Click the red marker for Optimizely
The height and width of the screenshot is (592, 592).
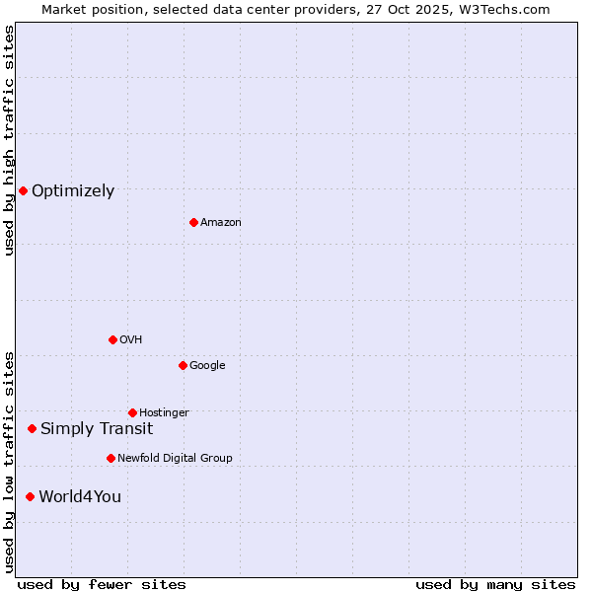pyautogui.click(x=23, y=190)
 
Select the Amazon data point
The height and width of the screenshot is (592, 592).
pyautogui.click(x=193, y=222)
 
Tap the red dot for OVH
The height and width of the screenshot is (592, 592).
pyautogui.click(x=112, y=339)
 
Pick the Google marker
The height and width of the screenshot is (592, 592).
pyautogui.click(x=183, y=365)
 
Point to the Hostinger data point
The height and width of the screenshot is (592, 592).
pyautogui.click(x=132, y=412)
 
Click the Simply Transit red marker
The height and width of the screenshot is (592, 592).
pyautogui.click(x=32, y=428)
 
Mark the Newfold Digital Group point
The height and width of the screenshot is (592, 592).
pyautogui.click(x=111, y=458)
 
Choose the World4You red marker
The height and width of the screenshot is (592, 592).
pyautogui.click(x=30, y=496)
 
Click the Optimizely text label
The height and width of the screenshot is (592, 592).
pyautogui.click(x=73, y=191)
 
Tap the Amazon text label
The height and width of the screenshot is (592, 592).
pyautogui.click(x=221, y=223)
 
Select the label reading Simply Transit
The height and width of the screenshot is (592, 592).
pyautogui.click(x=97, y=428)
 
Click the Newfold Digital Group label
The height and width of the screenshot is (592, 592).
pyautogui.click(x=175, y=458)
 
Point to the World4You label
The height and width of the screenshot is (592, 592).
pyautogui.click(x=80, y=496)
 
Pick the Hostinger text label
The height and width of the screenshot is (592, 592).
pyautogui.click(x=164, y=412)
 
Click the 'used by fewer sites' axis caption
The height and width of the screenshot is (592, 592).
pyautogui.click(x=102, y=584)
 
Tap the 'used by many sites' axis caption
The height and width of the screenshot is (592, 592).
pyautogui.click(x=495, y=584)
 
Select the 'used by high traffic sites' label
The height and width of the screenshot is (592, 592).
pyautogui.click(x=10, y=140)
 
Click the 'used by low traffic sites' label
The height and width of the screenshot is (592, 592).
pyautogui.click(x=10, y=462)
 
